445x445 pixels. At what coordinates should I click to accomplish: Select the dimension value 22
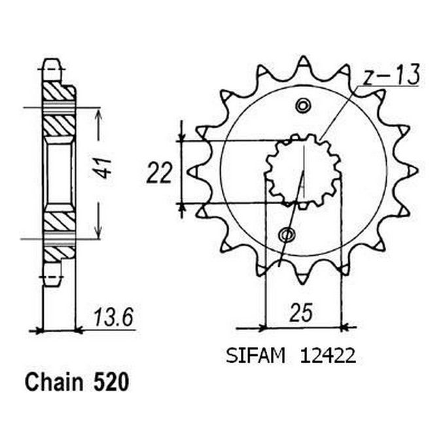pyautogui.click(x=159, y=173)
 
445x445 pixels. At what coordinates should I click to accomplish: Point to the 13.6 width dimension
pyautogui.click(x=116, y=317)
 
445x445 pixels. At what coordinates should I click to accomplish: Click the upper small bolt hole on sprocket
pyautogui.click(x=302, y=105)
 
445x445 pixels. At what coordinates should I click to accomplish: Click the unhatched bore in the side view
pyautogui.click(x=58, y=172)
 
